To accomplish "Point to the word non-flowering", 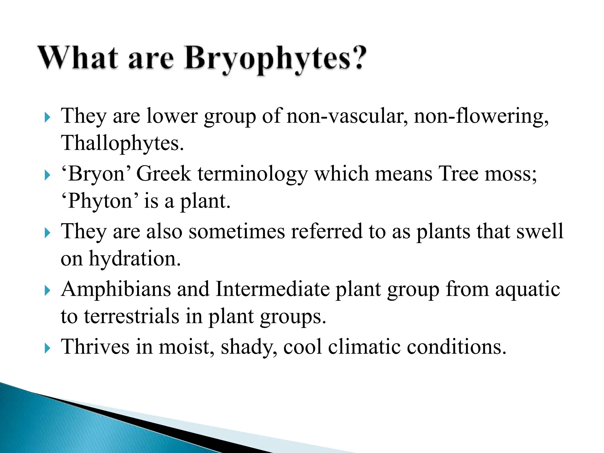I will pyautogui.click(x=481, y=116).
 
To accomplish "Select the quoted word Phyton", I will pyautogui.click(x=99, y=201).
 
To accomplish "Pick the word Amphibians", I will pyautogui.click(x=116, y=289).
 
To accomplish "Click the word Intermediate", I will pyautogui.click(x=273, y=289).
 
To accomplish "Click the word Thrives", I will pyautogui.click(x=95, y=347).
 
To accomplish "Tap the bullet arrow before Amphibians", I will pyautogui.click(x=47, y=291).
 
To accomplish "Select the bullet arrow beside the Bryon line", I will pyautogui.click(x=47, y=175).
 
